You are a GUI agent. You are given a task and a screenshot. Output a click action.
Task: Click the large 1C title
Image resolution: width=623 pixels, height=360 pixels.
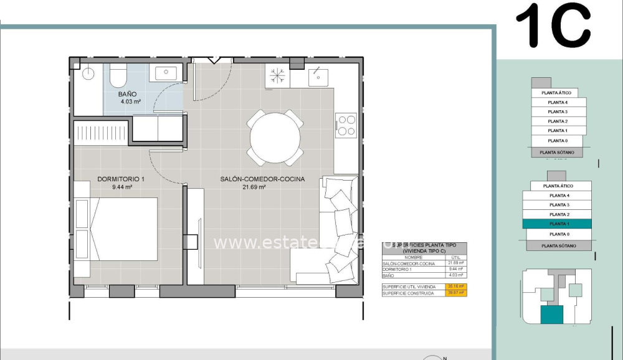click(553, 26)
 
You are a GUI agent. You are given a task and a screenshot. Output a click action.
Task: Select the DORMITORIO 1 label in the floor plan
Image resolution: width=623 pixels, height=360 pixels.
click(121, 179)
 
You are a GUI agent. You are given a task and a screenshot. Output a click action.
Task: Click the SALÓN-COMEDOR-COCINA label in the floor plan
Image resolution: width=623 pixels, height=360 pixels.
click(262, 179)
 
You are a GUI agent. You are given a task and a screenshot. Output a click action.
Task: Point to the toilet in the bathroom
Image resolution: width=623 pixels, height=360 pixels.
click(118, 76)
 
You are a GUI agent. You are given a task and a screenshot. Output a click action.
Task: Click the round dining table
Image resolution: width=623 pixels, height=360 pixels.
click(275, 138)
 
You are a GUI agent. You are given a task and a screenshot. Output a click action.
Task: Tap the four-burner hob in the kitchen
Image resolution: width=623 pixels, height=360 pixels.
click(346, 125)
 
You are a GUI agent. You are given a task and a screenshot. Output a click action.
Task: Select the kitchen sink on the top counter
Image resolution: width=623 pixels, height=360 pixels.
click(318, 76)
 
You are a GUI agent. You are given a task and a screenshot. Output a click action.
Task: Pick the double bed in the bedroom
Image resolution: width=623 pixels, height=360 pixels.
click(116, 229)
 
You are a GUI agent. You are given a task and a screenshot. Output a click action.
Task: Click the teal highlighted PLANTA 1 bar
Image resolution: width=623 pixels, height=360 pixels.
click(558, 224)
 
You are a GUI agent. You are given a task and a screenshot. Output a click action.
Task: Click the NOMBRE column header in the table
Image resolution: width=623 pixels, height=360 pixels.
click(413, 257)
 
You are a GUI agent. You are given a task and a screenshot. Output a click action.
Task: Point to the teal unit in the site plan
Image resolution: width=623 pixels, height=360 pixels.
click(551, 315)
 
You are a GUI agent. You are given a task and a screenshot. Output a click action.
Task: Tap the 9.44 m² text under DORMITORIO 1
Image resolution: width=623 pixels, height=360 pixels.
click(121, 186)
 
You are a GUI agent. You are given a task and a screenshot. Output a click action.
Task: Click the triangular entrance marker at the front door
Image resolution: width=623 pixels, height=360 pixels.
click(214, 60)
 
